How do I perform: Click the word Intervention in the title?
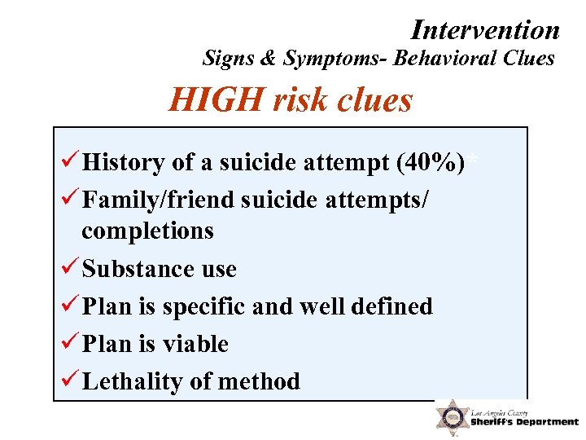486,30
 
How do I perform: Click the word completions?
147,231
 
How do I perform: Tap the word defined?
394,306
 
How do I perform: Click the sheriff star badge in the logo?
450,417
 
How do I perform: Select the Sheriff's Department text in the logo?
525,422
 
